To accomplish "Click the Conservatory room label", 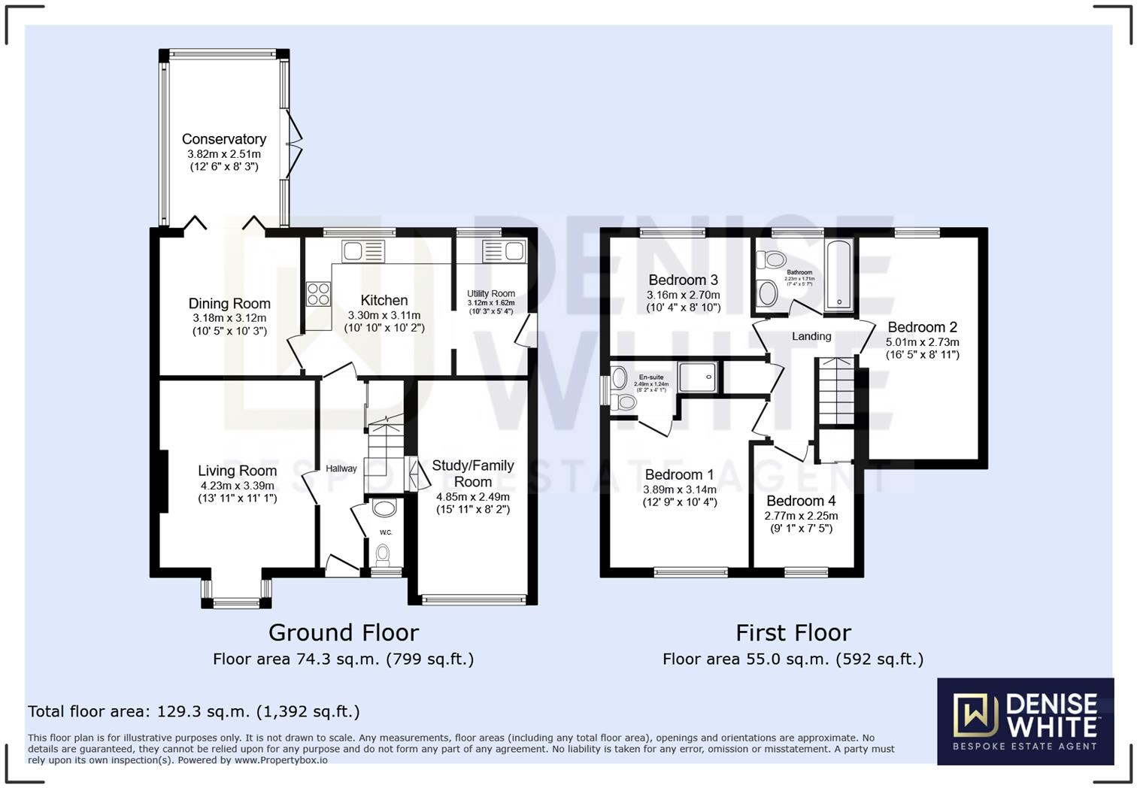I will point(224,139).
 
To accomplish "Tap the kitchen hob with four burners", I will point(318,293).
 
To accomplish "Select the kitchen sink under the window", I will point(363,250).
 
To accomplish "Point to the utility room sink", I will point(504,250).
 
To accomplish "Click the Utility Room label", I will point(491,294).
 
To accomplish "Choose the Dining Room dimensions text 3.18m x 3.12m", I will point(229,318).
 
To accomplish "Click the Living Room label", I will point(238,471).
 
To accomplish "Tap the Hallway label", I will point(341,468).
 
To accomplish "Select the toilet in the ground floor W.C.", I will point(384,555).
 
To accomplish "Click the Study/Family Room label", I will point(473,474).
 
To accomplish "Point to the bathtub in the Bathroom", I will point(838,275).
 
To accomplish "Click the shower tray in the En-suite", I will point(697,377).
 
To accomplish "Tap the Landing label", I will point(811,336).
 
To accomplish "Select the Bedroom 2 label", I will point(922,327).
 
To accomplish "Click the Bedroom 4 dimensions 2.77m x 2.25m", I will point(801,516).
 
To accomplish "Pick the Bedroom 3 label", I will point(683,280).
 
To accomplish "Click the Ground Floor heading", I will point(343,632).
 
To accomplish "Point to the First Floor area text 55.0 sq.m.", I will point(793,659).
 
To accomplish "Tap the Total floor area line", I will point(194,711).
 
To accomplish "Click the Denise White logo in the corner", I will point(1025,721).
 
